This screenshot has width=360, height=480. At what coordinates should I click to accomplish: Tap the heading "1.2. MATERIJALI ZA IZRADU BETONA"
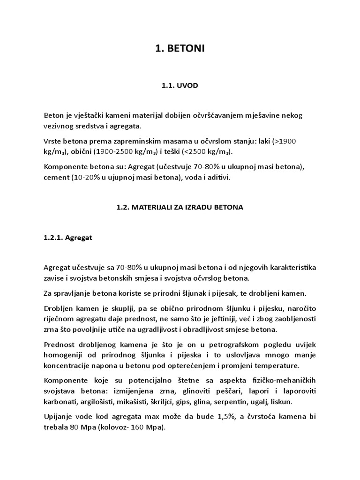[180, 207]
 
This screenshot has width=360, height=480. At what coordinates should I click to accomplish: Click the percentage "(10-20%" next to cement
[86, 178]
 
